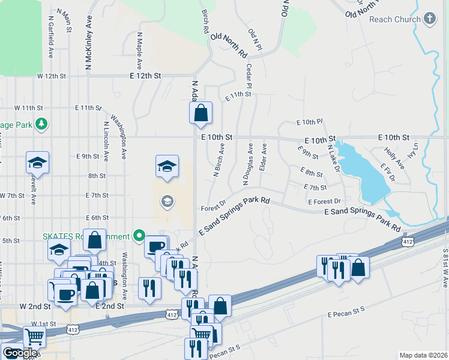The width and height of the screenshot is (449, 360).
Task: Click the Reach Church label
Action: click(x=394, y=19)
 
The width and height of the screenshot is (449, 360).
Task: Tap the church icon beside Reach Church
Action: click(x=429, y=19)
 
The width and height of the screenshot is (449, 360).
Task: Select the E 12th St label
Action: click(x=145, y=76)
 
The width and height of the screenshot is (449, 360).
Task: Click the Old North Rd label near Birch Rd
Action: click(x=229, y=45)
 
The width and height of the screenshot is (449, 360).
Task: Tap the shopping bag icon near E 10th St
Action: click(x=200, y=112)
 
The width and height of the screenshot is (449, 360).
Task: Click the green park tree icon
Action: click(x=41, y=125)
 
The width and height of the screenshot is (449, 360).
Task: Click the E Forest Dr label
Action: click(x=324, y=202)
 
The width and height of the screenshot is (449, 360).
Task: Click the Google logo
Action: click(x=20, y=353)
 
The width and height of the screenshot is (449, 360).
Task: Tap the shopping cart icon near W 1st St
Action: click(x=35, y=337)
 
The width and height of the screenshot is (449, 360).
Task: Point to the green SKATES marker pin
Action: click(x=140, y=235)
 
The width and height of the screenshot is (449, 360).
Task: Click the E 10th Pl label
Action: click(x=309, y=122)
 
